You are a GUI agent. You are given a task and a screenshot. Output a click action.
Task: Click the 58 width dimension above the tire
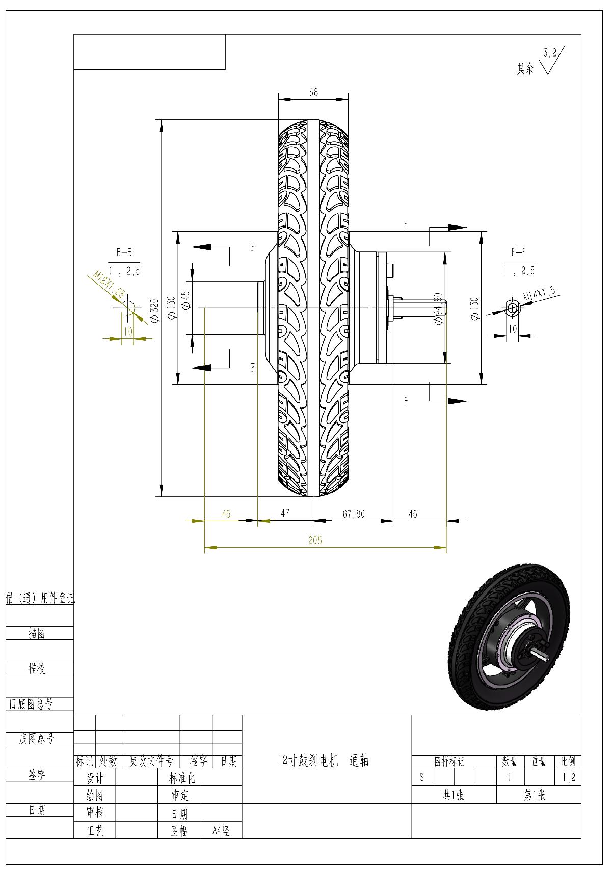coord(313,92)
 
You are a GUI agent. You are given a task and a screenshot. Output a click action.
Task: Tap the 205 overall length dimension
coord(315,540)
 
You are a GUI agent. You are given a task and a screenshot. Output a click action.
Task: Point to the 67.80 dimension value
coord(353,514)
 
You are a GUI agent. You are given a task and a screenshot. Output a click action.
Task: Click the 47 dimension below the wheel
coord(285,513)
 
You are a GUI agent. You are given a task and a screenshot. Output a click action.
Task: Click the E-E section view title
coord(124,252)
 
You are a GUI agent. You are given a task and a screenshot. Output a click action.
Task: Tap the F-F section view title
coord(518,252)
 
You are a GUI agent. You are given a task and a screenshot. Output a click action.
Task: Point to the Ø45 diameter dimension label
coord(185,300)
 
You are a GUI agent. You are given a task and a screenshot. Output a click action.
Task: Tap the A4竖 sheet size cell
coord(221,831)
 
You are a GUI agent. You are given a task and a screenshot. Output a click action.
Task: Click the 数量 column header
coord(510,761)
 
